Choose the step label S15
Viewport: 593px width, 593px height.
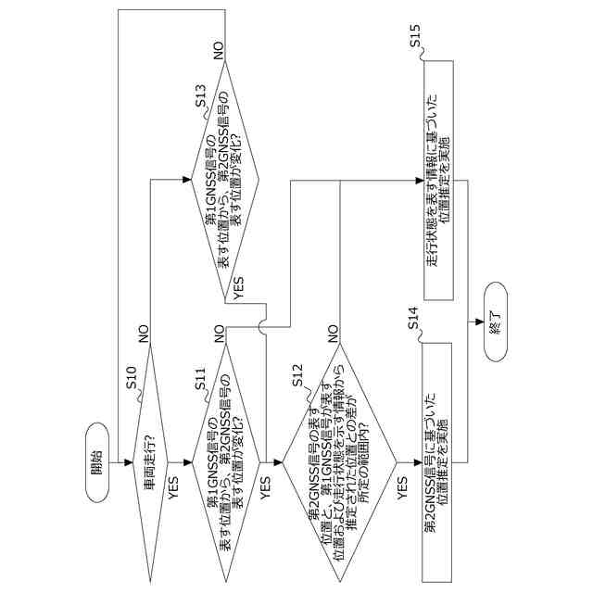(x=413, y=40)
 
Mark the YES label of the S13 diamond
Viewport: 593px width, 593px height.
(x=239, y=287)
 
